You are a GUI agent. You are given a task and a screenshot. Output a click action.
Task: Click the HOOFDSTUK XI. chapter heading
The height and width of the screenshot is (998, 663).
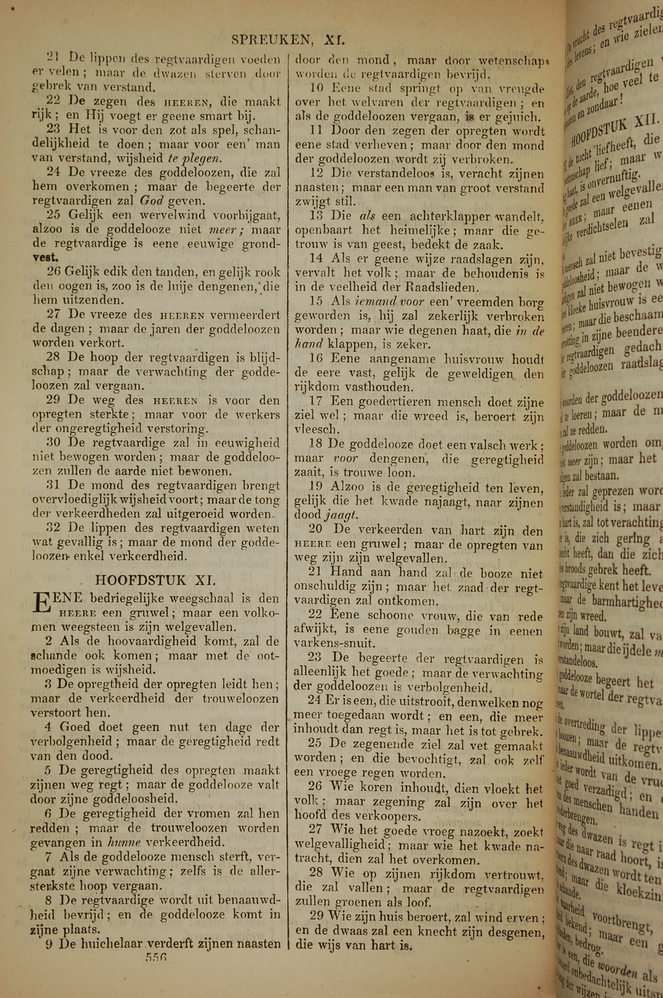coord(155,580)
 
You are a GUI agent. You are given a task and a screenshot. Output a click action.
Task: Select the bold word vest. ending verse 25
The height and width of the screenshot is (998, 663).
coord(46,258)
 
